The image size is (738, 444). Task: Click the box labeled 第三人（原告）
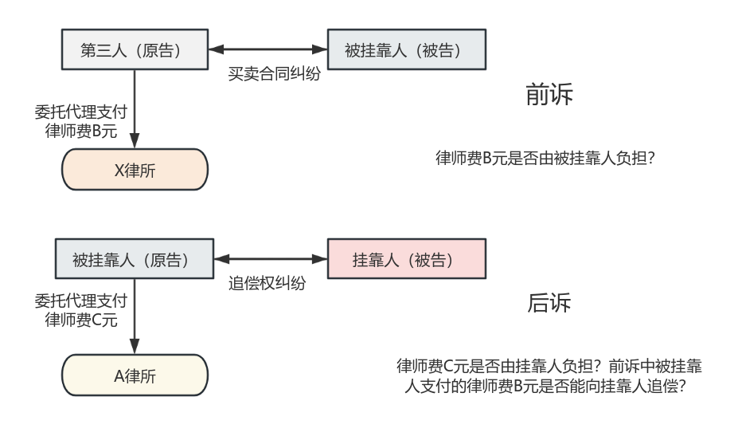pyautogui.click(x=135, y=50)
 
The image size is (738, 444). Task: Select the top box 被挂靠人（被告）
pyautogui.click(x=406, y=50)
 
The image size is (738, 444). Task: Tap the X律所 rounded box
pyautogui.click(x=135, y=171)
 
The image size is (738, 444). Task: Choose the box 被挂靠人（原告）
pyautogui.click(x=135, y=260)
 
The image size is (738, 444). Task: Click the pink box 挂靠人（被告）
pyautogui.click(x=406, y=260)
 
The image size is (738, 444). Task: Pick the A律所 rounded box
pyautogui.click(x=135, y=375)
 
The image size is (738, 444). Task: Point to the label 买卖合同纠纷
pyautogui.click(x=274, y=73)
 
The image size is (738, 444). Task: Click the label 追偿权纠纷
pyautogui.click(x=267, y=283)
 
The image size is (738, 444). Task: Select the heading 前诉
pyautogui.click(x=549, y=94)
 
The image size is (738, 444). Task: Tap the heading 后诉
pyautogui.click(x=549, y=303)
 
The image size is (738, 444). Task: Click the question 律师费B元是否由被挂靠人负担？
pyautogui.click(x=545, y=158)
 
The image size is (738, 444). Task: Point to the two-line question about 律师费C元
pyautogui.click(x=549, y=375)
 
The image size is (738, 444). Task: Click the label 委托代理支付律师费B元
pyautogui.click(x=80, y=121)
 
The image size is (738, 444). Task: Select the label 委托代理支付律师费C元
pyautogui.click(x=80, y=310)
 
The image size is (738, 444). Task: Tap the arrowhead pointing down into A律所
pyautogui.click(x=135, y=348)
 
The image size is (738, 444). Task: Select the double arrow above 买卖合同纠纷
pyautogui.click(x=268, y=49)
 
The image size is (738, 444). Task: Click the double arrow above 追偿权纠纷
pyautogui.click(x=271, y=259)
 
